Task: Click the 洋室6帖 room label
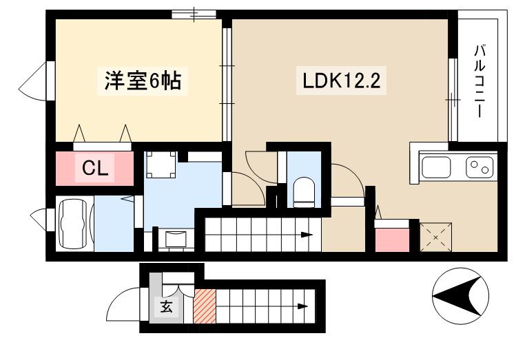pos(143,81)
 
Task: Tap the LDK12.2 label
pos(341,81)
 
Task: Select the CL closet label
pos(95,169)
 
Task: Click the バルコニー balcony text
pos(479,81)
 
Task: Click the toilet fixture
pos(304,192)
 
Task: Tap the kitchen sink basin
pos(437,167)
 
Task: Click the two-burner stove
pos(479,167)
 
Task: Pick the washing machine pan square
pos(161,165)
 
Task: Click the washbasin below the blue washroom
pos(176,239)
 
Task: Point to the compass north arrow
pos(461,296)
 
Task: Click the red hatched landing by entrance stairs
pos(205,306)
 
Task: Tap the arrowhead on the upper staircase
pos(307,235)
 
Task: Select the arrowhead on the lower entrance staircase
pos(302,306)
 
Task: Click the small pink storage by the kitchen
pos(392,240)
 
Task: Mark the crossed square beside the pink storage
pos(435,237)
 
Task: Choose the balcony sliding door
pos(453,100)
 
